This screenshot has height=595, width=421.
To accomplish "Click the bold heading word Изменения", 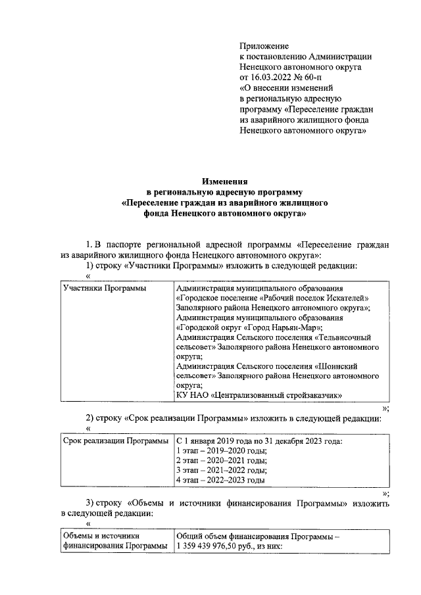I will pyautogui.click(x=224, y=181).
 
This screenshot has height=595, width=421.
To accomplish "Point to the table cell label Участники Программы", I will pyautogui.click(x=104, y=289).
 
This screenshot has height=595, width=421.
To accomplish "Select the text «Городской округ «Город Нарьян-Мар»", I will pyautogui.click(x=251, y=328).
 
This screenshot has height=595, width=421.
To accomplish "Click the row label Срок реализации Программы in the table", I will pyautogui.click(x=115, y=441).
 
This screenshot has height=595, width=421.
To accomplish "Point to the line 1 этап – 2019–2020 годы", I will pyautogui.click(x=221, y=451).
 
